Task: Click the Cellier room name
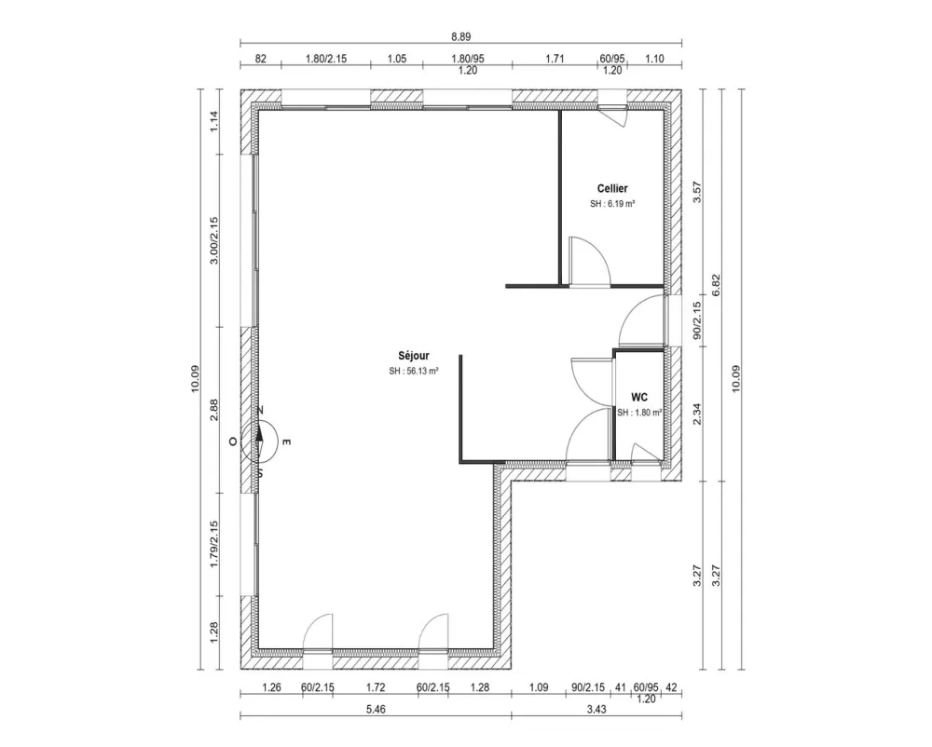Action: click(611, 188)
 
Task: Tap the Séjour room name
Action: click(414, 355)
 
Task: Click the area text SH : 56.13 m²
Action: click(414, 370)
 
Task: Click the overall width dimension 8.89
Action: click(460, 36)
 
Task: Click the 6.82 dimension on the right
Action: click(717, 285)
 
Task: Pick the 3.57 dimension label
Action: click(694, 192)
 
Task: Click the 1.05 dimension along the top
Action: click(397, 59)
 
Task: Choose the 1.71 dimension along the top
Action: click(555, 59)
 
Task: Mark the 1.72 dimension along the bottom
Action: click(376, 688)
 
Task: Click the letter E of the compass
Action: click(287, 442)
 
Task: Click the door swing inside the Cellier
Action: click(590, 258)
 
